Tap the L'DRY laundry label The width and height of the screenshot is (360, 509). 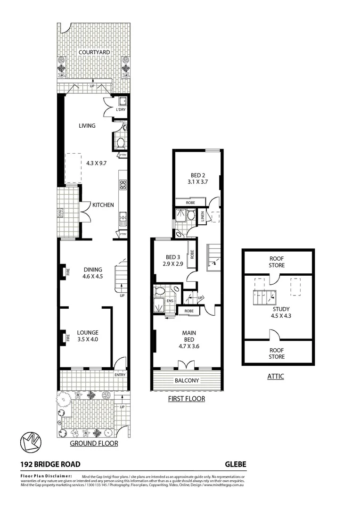click(121, 110)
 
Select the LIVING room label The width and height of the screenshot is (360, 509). click(87, 126)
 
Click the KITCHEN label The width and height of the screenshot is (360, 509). click(103, 205)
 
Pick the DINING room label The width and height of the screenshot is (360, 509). click(93, 270)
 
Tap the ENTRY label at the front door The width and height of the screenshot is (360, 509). click(120, 375)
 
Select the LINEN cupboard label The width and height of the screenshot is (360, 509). click(203, 217)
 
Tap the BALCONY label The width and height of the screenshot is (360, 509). click(187, 381)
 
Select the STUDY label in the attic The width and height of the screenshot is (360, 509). click(278, 309)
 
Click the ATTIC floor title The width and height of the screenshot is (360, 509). click(275, 376)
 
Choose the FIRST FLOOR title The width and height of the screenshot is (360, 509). click(187, 399)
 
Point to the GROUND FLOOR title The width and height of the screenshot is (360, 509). click(94, 443)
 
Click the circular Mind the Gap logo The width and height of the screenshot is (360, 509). click(31, 442)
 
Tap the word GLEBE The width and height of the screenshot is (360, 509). click(235, 464)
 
